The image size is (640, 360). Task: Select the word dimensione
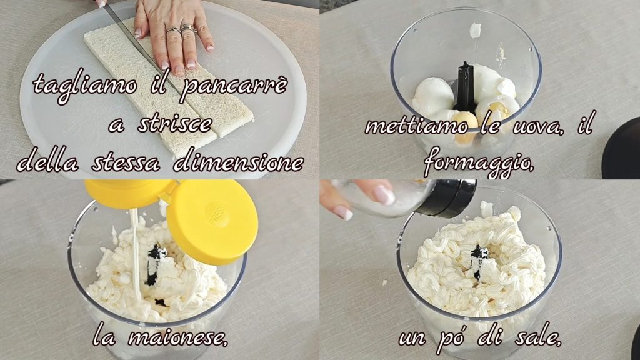[239, 162]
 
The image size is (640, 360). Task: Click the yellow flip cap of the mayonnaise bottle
[212, 221]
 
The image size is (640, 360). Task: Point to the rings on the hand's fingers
[182, 29]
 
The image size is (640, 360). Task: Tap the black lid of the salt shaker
[445, 197]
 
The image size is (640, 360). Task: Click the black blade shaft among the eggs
[464, 86]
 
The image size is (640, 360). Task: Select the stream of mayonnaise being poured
[136, 254]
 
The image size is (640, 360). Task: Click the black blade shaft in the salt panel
[478, 261]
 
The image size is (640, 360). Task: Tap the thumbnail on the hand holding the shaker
[383, 194]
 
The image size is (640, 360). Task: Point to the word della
[47, 162]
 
